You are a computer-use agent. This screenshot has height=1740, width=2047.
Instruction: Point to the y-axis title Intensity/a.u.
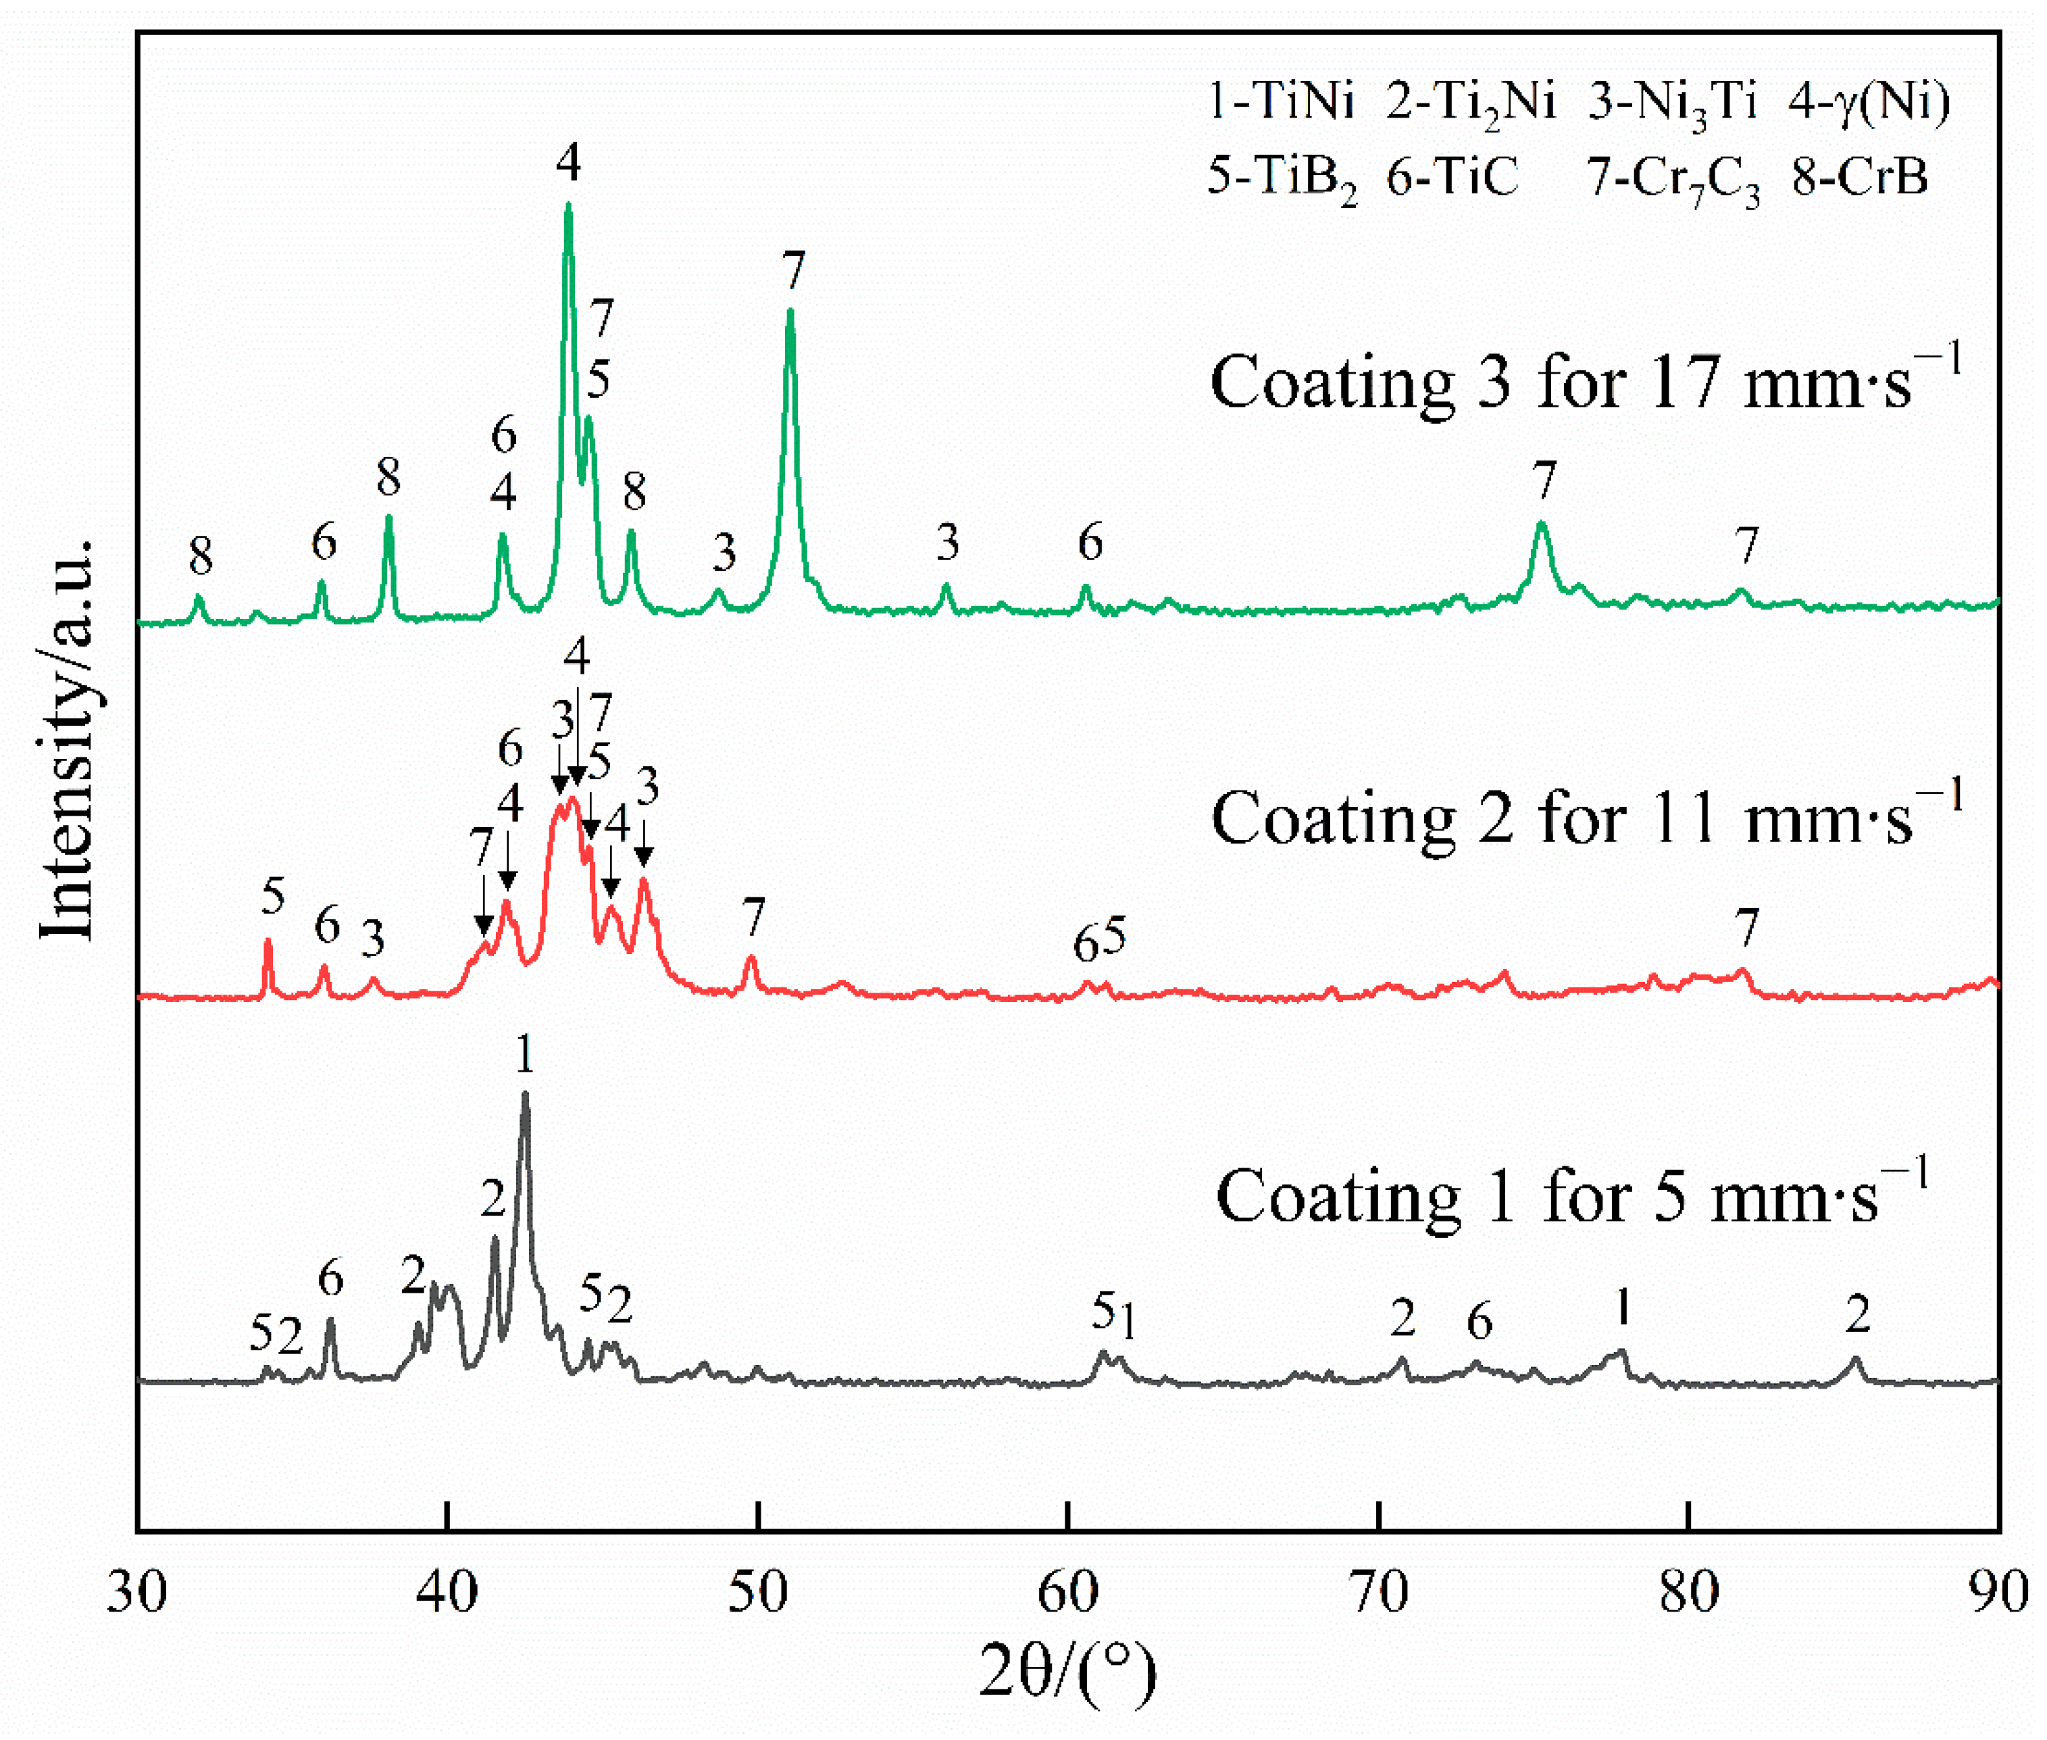pos(67,740)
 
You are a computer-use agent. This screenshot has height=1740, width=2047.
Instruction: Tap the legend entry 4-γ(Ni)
pos(1869,101)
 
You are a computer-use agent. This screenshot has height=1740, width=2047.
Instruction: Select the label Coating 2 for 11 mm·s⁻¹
pos(1586,819)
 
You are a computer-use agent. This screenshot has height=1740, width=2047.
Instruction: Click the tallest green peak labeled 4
pos(568,207)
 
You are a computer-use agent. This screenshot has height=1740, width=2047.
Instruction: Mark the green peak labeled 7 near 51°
pos(790,314)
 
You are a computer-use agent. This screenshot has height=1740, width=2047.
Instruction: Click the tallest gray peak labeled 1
pos(524,1095)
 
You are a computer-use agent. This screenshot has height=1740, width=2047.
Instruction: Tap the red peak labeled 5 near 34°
pos(268,942)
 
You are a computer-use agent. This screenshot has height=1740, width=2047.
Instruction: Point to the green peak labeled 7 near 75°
pos(1542,526)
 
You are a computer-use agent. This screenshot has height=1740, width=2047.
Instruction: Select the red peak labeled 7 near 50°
pos(751,958)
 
